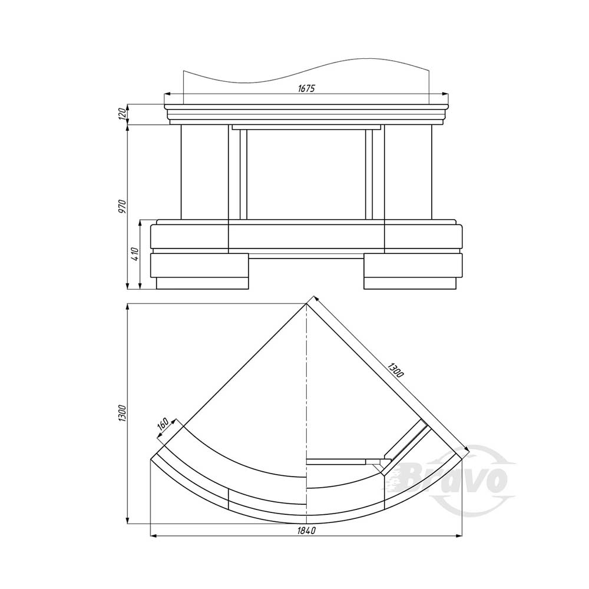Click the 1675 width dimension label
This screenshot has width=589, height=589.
tap(306, 89)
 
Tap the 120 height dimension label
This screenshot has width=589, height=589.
tap(122, 114)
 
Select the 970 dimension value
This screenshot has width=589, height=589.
tap(122, 206)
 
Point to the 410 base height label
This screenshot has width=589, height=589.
tap(135, 254)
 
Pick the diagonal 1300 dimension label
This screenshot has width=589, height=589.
tap(395, 370)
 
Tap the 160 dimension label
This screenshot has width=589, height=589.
tap(163, 423)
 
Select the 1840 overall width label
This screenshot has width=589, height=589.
tap(306, 531)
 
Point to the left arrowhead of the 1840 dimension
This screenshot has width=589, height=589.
tap(153, 535)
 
